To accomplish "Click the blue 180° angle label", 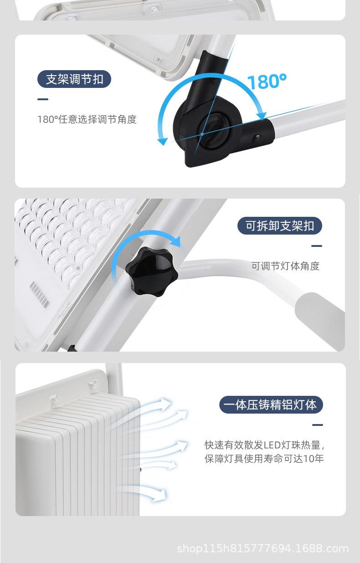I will pos(267,82).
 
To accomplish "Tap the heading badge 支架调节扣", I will pos(74,79).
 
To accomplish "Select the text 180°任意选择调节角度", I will pos(87,120).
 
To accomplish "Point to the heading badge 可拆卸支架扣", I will pos(280,225).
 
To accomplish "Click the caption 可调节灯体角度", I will pos(285,266).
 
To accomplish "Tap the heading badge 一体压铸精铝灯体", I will pos(271,404).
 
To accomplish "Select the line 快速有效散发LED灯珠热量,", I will pos(264,445).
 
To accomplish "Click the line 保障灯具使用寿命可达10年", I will pos(264,459).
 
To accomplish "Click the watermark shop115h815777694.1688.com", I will pos(262,549).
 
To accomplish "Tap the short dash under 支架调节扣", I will pos(42,99).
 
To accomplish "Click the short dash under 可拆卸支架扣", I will pos(316,246).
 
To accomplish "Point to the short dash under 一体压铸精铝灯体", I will pos(317,425).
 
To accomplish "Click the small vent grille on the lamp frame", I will pos(39,293).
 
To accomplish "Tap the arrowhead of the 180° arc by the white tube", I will pos(262,113).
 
